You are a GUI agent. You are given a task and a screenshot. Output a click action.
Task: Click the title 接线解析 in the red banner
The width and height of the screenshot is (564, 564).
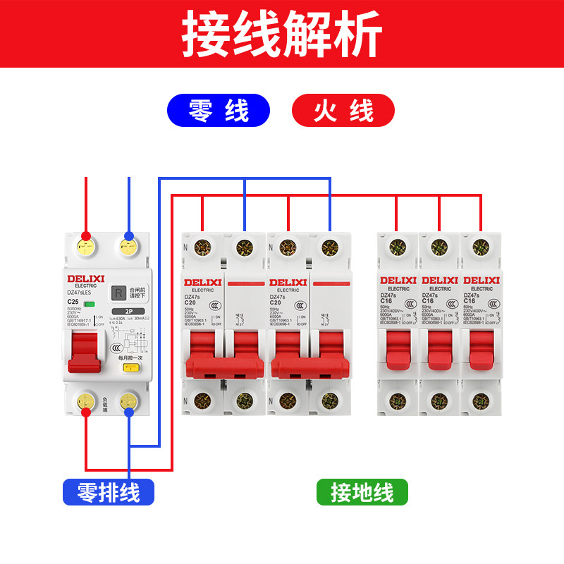282,33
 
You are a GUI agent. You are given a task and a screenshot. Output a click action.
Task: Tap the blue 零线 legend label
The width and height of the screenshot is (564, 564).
218,111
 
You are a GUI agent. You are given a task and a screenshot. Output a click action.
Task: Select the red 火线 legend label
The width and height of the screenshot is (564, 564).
343,111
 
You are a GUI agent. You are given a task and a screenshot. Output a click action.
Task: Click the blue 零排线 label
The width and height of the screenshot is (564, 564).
109,491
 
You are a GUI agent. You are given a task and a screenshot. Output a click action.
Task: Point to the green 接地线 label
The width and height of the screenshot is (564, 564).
362,491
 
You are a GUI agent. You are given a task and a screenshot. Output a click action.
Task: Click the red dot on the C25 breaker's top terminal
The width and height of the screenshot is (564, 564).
86,235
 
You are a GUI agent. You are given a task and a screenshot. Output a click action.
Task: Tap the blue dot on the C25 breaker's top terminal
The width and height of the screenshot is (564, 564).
129,235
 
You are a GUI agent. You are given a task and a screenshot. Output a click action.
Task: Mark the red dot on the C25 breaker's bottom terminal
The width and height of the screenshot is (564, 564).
86,412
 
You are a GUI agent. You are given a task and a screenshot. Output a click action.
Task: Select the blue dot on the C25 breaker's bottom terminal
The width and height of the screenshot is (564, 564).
129,412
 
